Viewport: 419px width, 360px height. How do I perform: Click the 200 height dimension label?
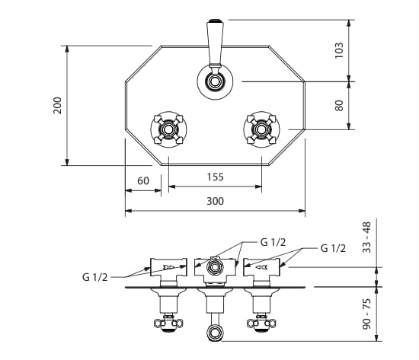[x=57, y=106]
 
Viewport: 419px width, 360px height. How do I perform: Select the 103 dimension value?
[x=339, y=50]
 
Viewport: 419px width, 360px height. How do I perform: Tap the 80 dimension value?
[x=339, y=106]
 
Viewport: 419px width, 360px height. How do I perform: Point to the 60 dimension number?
[x=143, y=181]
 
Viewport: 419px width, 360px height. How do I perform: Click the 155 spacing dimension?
[x=215, y=177]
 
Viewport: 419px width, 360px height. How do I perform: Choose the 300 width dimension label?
[x=215, y=201]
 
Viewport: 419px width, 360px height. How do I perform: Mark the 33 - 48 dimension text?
[x=367, y=237]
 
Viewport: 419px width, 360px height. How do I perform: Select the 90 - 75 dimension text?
[x=367, y=314]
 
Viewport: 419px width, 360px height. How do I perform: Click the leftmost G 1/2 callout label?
[x=95, y=277]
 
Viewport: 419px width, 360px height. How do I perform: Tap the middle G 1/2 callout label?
[x=273, y=242]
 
